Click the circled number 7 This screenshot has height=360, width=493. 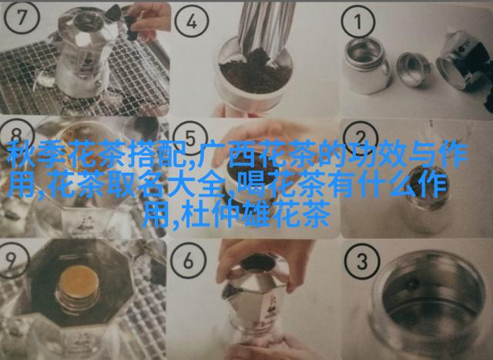tap(22, 17)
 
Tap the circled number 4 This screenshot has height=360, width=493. tap(192, 22)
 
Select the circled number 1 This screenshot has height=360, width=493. tap(357, 22)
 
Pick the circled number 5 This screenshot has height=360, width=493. tap(191, 138)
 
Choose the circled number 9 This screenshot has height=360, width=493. tap(12, 260)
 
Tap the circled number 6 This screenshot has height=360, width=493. tap(189, 261)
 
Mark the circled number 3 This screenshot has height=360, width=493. tap(361, 261)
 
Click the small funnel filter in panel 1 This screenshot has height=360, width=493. tap(414, 69)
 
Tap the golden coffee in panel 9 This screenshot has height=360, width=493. tap(79, 282)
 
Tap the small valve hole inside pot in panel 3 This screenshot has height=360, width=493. tap(411, 284)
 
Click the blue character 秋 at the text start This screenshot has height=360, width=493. tap(22, 156)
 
